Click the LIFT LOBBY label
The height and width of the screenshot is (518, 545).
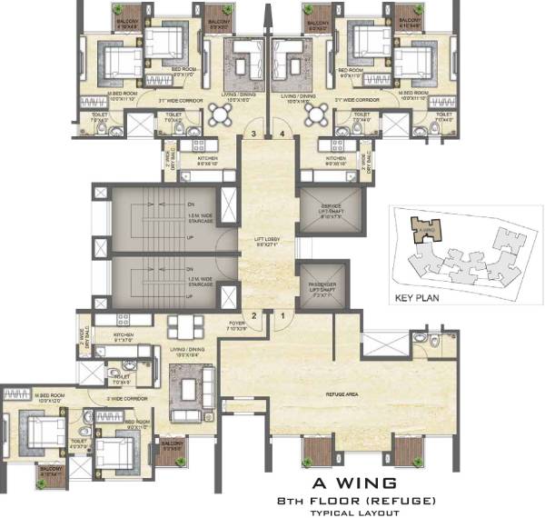pos(269,241)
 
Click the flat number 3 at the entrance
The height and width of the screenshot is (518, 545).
pos(256,135)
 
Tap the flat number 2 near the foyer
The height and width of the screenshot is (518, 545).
pos(255,315)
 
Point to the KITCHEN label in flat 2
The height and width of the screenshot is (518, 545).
pos(124,334)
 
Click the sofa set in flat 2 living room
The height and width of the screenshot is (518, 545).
pos(191,390)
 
